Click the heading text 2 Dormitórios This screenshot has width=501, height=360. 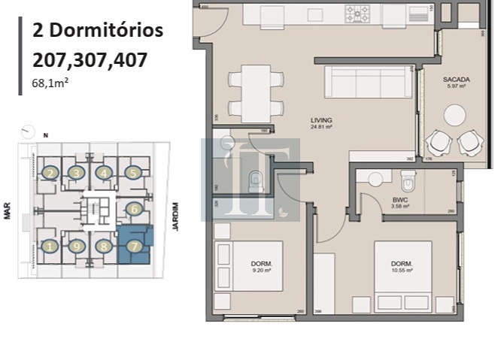tap(97, 31)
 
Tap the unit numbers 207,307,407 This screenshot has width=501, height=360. tap(90, 60)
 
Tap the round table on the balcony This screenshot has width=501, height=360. tap(455, 114)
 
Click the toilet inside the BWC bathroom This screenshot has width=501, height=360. tap(408, 181)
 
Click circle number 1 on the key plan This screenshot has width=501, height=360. tap(50, 246)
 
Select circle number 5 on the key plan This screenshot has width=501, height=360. tap(133, 173)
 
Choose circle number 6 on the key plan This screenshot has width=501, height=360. tap(133, 210)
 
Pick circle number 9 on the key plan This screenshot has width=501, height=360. tap(76, 246)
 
